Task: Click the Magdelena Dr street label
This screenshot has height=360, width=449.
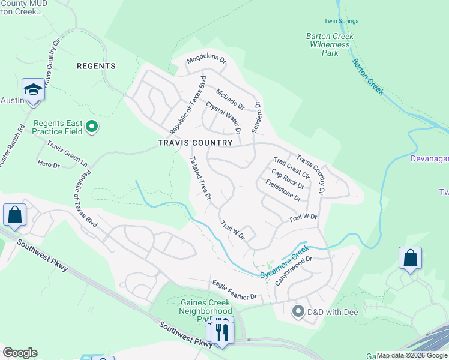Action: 206,60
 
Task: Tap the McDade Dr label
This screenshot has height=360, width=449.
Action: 231,100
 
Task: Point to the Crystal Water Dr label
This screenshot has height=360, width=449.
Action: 223,117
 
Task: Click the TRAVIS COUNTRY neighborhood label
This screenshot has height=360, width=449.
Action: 194,143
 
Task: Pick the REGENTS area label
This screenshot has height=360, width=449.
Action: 96,66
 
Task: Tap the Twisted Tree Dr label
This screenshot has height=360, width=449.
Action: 200,178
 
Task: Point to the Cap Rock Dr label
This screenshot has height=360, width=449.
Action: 288,178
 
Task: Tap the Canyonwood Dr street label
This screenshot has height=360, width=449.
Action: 295,271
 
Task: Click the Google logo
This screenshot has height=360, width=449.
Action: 20,353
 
